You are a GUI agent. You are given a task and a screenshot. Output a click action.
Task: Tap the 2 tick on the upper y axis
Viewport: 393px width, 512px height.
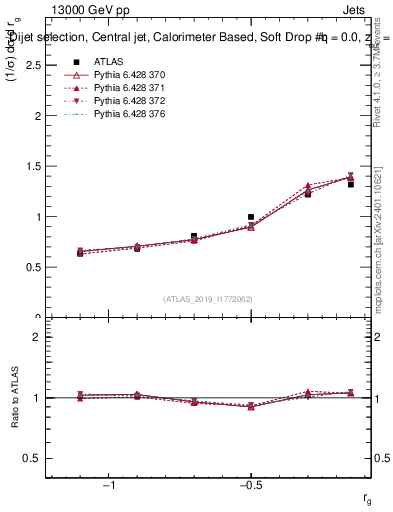coord(38,116)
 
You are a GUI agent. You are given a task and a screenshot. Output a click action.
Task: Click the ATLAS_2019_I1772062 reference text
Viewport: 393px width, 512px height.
coord(208,298)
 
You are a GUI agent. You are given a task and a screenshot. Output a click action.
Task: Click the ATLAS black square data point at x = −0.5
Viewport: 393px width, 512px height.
coord(251,216)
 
